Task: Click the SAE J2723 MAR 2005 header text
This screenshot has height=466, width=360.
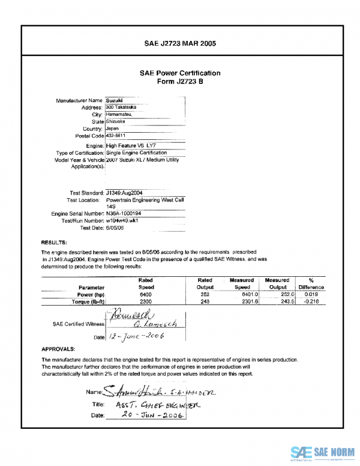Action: pyautogui.click(x=180, y=43)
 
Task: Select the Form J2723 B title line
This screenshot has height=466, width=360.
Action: pyautogui.click(x=180, y=82)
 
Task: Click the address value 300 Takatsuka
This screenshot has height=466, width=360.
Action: pyautogui.click(x=121, y=107)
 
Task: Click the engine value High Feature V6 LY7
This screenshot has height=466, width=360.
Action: pyautogui.click(x=132, y=146)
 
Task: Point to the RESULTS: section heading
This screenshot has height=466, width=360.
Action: pyautogui.click(x=53, y=242)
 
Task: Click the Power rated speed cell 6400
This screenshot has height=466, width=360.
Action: pyautogui.click(x=145, y=295)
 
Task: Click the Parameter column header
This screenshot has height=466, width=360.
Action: pyautogui.click(x=92, y=288)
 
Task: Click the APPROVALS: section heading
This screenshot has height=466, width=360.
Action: pyautogui.click(x=58, y=349)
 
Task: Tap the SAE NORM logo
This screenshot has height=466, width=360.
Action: pyautogui.click(x=323, y=452)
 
